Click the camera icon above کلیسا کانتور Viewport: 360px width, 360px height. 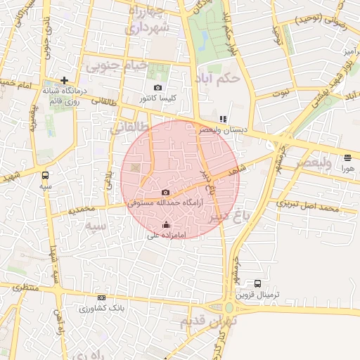157,88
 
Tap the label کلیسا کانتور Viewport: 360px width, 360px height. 157,98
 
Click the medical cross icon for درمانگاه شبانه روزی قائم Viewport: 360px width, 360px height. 65,80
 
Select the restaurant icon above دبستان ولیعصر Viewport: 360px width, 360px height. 222,119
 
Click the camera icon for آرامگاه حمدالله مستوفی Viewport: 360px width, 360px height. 165,192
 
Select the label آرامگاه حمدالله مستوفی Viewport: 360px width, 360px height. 165,202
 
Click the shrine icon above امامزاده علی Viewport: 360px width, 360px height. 166,225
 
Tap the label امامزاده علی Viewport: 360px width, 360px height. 166,236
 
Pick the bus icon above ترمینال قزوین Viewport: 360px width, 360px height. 257,283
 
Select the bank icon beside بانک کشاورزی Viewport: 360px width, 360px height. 102,298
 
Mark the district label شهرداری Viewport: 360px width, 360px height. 147,27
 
